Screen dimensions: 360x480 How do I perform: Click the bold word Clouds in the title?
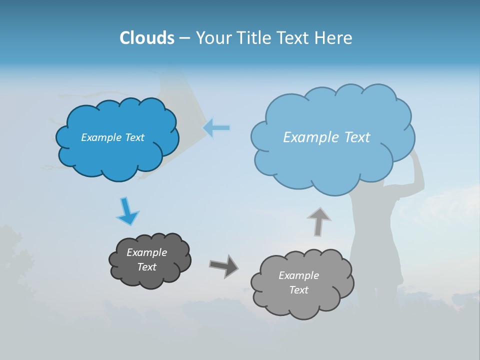tap(147, 38)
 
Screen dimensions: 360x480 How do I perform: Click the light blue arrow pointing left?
tap(216, 128)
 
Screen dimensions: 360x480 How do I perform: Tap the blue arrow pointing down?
tap(127, 211)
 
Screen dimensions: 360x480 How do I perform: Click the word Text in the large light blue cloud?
tap(354, 137)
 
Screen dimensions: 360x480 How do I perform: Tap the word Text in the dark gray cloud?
tap(147, 267)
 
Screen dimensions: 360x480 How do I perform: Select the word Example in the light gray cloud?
tap(298, 275)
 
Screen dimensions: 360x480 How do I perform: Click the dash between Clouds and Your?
tap(184, 38)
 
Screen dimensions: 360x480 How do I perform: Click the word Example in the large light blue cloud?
tap(309, 137)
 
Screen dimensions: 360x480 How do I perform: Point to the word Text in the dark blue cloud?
tap(134, 137)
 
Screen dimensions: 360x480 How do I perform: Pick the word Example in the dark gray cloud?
tap(147, 252)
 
